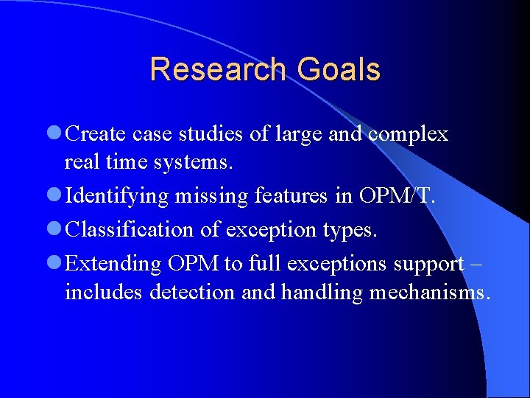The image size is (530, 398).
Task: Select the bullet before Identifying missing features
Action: [x=54, y=196]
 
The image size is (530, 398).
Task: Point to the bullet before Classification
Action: [x=54, y=230]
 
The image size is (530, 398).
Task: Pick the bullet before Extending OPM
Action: [x=54, y=263]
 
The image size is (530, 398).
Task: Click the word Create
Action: [x=96, y=135]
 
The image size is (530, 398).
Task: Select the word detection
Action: [x=194, y=292]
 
